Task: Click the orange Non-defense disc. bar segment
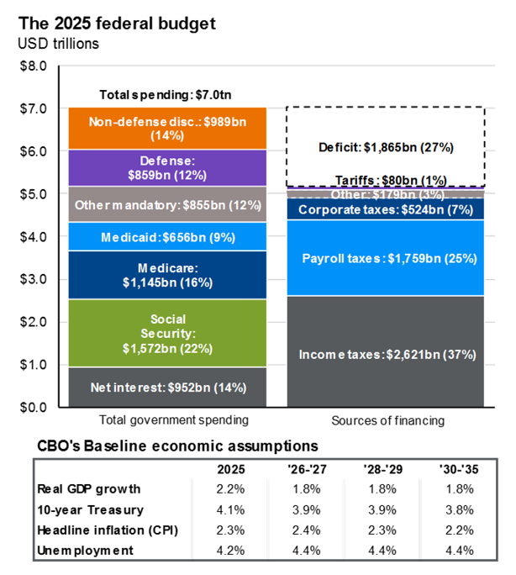[x=167, y=128]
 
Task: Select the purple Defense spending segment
[x=167, y=167]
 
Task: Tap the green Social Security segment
[x=167, y=333]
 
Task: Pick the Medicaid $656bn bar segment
[x=167, y=236]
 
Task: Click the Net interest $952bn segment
[x=167, y=388]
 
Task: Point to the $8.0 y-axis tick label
[x=35, y=66]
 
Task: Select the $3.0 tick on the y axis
[x=35, y=279]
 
